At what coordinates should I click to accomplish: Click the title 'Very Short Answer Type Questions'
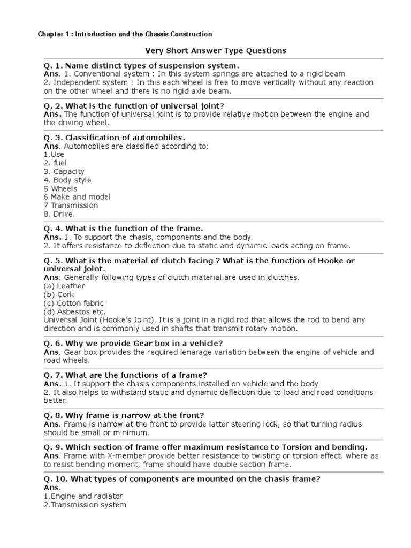[216, 51]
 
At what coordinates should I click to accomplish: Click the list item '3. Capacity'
[64, 172]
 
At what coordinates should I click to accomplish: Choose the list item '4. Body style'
[67, 180]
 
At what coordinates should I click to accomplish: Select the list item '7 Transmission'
[71, 205]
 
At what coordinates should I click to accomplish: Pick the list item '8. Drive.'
[59, 214]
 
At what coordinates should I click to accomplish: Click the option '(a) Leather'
[64, 286]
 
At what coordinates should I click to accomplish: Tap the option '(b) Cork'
[59, 295]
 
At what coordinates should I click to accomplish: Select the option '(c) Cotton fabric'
[74, 303]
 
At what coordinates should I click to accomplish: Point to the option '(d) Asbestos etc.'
[74, 312]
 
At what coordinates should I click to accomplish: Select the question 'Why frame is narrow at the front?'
[134, 415]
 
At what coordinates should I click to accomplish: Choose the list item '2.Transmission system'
[85, 505]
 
